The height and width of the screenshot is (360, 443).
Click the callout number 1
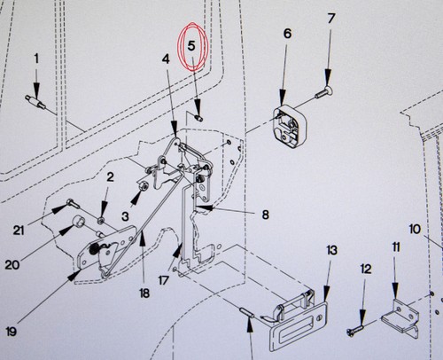(x=36, y=59)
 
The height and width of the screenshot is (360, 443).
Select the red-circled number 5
(x=191, y=46)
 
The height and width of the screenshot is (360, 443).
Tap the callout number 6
(x=287, y=34)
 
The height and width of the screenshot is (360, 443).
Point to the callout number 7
(x=331, y=19)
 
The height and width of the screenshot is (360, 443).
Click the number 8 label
(x=265, y=215)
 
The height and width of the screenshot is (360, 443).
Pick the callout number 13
(x=331, y=250)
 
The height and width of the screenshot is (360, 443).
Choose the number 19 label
(x=11, y=332)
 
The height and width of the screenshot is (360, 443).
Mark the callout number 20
(x=12, y=265)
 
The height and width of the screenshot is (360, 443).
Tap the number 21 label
(x=19, y=231)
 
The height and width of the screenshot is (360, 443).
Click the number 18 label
(x=144, y=293)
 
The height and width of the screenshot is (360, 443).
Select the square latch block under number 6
(x=289, y=129)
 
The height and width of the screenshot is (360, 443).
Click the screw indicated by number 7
(x=324, y=91)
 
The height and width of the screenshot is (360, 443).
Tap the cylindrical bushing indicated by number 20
(x=79, y=221)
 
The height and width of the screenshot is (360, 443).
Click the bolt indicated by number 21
(x=73, y=203)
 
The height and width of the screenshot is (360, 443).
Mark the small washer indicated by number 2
(x=101, y=220)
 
